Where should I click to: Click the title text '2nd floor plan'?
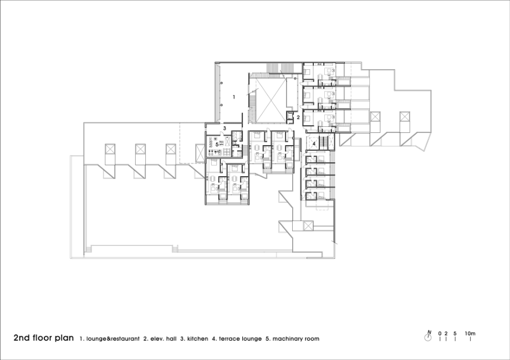click(44, 338)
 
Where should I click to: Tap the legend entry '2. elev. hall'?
click(160, 339)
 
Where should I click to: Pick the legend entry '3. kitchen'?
click(194, 339)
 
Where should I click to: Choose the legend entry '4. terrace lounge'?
click(237, 339)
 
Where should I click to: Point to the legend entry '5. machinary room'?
click(292, 339)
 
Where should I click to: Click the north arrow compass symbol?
click(428, 336)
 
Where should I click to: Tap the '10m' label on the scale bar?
click(470, 333)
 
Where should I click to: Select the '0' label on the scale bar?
click(440, 333)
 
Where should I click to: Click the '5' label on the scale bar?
click(455, 333)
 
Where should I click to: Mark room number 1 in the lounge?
click(233, 97)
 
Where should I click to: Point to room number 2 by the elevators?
click(298, 117)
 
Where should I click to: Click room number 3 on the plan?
click(225, 128)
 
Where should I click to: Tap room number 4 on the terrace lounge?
click(314, 143)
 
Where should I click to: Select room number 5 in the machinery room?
click(217, 145)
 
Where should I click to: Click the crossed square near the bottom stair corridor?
click(308, 225)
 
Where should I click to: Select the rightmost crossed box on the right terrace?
click(405, 117)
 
